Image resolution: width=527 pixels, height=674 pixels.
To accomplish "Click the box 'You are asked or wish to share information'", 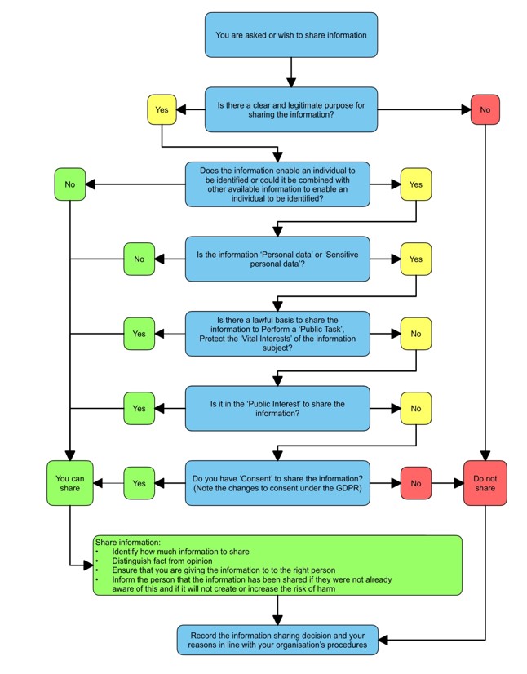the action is [291, 35].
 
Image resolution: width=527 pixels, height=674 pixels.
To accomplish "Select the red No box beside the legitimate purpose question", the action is [485, 109].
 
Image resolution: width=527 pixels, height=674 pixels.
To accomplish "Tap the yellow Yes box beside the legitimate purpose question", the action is [162, 109].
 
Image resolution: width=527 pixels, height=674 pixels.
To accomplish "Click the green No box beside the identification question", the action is [70, 184].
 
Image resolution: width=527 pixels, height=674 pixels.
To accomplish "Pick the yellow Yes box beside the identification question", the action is [416, 184].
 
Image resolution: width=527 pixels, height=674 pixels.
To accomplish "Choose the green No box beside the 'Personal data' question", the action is [139, 259].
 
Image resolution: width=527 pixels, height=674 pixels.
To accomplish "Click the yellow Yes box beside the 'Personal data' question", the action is [416, 259].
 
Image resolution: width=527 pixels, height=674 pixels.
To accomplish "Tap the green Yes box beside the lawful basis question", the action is [139, 334].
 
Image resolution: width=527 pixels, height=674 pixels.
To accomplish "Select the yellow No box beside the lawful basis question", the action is [416, 334].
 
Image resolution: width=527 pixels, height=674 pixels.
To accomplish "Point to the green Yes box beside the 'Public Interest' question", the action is [139, 408].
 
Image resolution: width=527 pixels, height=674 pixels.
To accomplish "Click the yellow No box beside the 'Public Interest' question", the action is [416, 408].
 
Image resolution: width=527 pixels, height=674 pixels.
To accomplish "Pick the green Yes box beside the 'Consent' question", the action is [139, 483].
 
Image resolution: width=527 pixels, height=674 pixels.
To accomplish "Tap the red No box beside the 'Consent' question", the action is [416, 483].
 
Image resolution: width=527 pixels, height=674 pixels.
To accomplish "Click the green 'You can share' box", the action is [70, 483].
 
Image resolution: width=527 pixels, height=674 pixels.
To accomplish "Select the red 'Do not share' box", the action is [485, 483].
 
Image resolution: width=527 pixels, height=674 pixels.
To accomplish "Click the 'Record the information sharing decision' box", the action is [277, 640].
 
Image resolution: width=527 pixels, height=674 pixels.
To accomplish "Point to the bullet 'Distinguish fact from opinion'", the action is [162, 561].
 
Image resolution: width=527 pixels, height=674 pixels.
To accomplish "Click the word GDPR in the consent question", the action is [348, 488].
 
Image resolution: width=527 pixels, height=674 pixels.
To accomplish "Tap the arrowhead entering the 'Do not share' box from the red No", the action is [458, 483].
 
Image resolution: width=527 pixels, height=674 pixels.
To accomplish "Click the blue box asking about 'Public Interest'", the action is [277, 408].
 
